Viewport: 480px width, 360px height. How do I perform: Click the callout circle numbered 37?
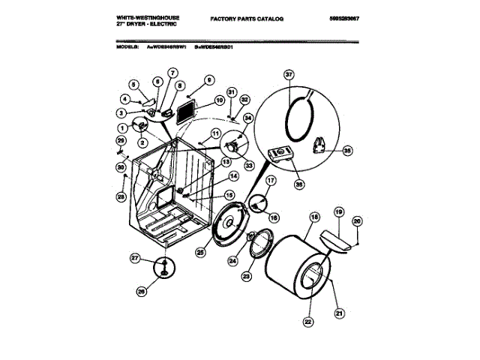(x=289, y=74)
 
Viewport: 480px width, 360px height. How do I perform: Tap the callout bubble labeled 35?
(x=346, y=150)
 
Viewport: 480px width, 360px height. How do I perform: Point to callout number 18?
(x=314, y=217)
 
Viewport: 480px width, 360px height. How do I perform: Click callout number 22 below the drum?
(x=307, y=322)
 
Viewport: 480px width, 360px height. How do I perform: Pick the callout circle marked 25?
(x=200, y=253)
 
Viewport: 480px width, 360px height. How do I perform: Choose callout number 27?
(x=135, y=258)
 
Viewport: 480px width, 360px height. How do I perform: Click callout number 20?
(x=356, y=220)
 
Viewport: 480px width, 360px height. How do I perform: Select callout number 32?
(x=244, y=99)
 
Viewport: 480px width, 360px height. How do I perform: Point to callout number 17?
(x=271, y=181)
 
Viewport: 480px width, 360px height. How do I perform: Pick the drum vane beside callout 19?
(x=334, y=240)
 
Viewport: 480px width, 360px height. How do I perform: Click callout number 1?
(x=121, y=128)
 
